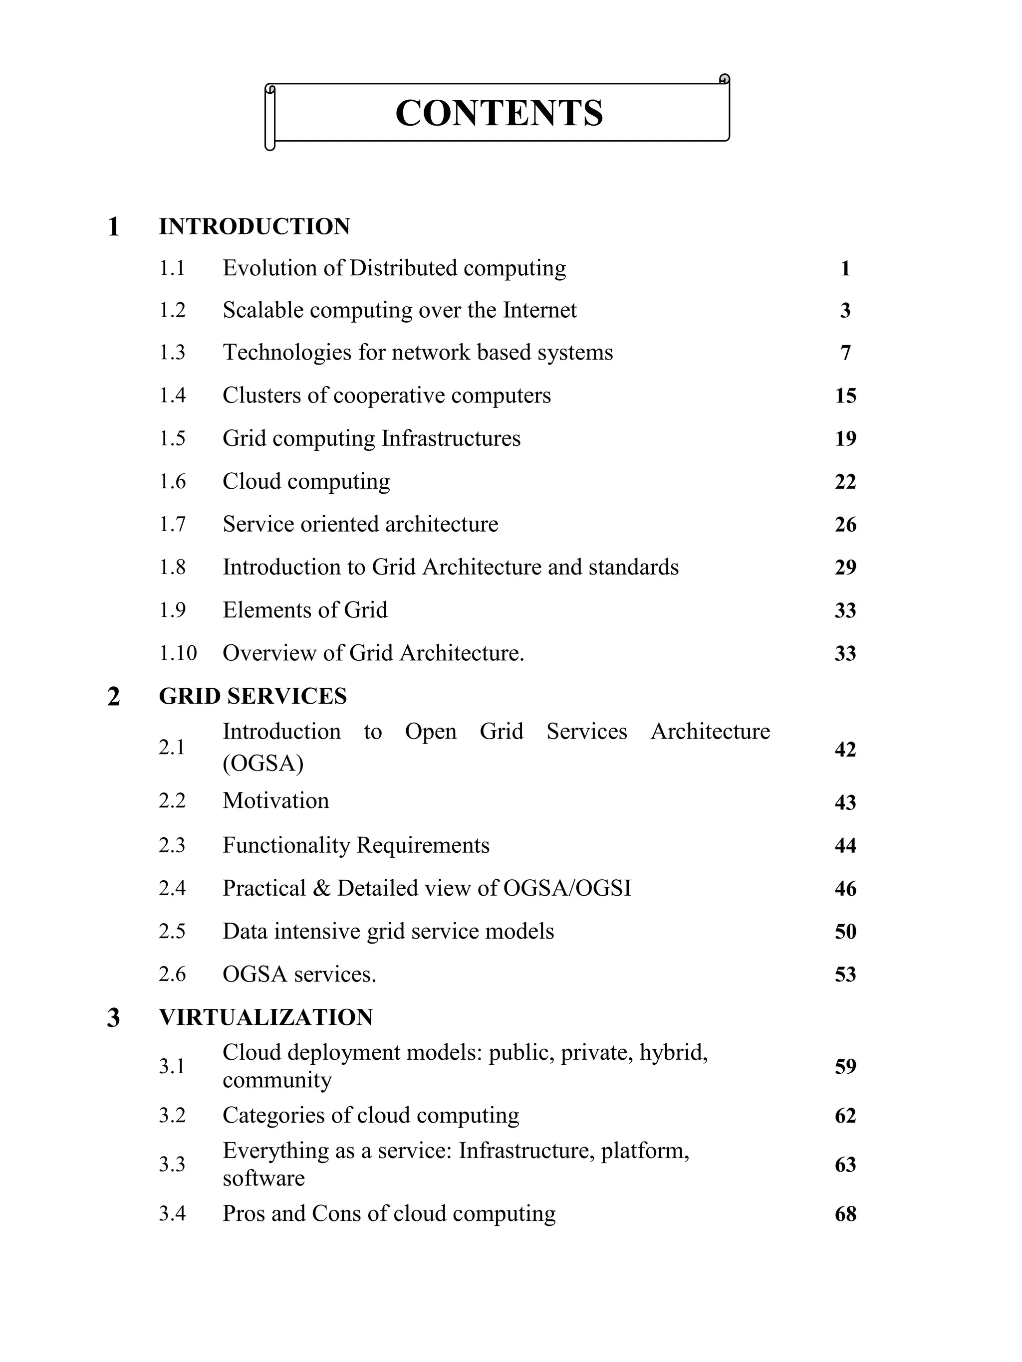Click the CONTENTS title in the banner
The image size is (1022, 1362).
499,113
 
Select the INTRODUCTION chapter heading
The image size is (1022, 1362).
255,226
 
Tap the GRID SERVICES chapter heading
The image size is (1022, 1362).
253,696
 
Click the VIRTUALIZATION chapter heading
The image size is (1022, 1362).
265,1018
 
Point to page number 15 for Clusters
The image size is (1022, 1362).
845,396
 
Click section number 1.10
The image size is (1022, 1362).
178,653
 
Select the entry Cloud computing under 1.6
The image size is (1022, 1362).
306,481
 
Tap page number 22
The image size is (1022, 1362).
845,481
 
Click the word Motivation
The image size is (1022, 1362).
275,801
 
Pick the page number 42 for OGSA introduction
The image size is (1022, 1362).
845,750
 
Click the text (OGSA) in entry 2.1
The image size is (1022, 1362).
263,764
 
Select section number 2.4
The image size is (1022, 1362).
172,889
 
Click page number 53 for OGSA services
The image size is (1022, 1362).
845,974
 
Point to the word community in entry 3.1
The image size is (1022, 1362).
277,1081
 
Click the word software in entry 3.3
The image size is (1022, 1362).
263,1178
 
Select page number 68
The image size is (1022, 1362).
845,1214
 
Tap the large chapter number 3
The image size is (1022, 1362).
113,1018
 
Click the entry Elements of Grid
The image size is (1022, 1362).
305,610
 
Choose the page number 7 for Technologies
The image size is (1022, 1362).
845,353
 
